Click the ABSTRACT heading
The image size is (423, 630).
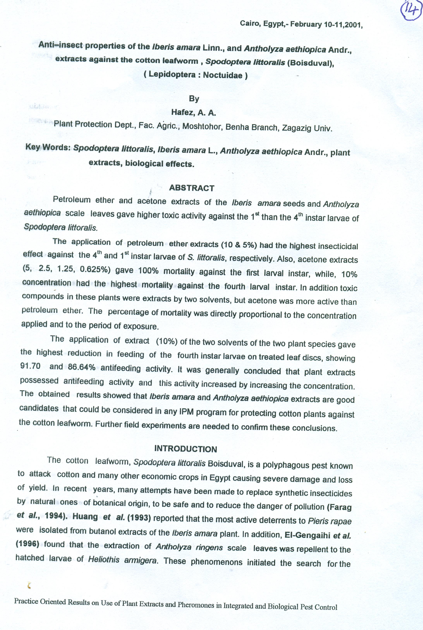coord(191,188)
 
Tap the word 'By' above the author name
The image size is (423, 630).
coord(194,99)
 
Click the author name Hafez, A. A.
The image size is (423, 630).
coord(194,112)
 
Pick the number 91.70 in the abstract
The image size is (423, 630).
coord(30,366)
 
